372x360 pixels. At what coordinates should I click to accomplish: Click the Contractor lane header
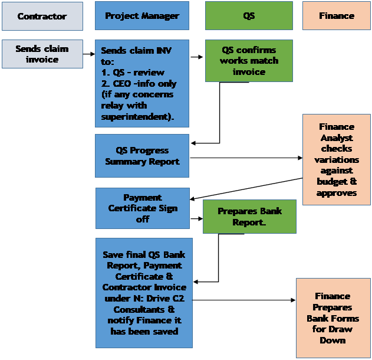click(42, 17)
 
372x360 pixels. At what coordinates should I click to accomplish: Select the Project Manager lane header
click(142, 16)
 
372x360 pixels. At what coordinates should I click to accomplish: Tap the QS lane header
click(249, 16)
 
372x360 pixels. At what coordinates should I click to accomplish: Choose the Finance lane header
click(337, 16)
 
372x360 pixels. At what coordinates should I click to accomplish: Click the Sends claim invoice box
click(42, 54)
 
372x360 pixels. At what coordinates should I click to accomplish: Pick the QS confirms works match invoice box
click(249, 61)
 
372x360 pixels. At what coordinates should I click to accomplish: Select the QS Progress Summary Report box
click(142, 156)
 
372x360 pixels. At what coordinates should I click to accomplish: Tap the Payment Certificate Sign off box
click(142, 208)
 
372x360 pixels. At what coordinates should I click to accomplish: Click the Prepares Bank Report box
click(249, 216)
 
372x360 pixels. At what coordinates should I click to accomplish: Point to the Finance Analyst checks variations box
click(337, 159)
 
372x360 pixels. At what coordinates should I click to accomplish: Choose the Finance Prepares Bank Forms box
click(333, 318)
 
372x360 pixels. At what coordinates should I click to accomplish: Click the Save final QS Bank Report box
click(144, 293)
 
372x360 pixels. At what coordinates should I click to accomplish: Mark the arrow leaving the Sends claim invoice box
click(89, 54)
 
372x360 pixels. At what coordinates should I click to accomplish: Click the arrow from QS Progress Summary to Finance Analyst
click(245, 158)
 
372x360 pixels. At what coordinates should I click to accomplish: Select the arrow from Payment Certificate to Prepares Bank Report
click(197, 218)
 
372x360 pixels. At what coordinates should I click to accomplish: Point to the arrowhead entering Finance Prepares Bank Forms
click(292, 300)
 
